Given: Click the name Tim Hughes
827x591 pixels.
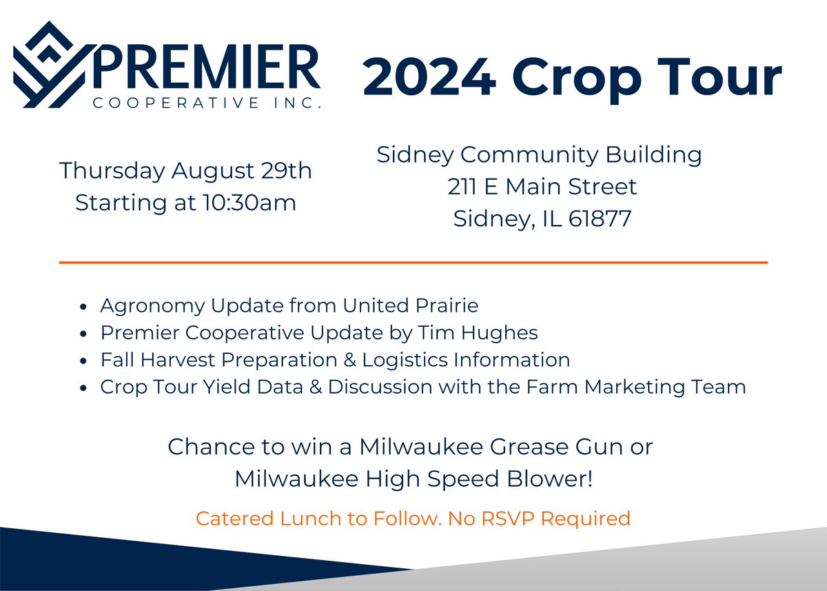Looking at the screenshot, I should pyautogui.click(x=477, y=332).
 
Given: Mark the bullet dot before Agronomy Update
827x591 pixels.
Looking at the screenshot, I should pyautogui.click(x=83, y=306).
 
